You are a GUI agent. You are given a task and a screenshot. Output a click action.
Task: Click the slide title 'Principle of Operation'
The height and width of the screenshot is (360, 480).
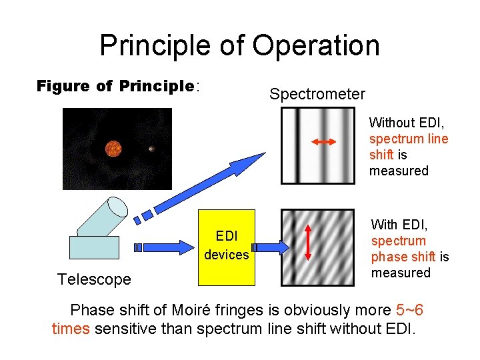pos(239,45)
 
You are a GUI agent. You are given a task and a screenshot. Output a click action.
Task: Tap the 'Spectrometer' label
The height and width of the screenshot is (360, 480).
pos(317,95)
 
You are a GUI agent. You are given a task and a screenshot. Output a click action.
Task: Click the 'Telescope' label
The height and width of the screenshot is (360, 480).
pos(94,279)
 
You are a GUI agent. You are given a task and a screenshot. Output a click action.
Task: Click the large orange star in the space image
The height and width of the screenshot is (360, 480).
pos(113,148)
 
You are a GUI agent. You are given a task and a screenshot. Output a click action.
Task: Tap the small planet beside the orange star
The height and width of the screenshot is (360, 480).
pos(152,148)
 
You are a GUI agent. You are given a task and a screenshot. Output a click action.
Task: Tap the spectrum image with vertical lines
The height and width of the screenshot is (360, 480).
pos(317,145)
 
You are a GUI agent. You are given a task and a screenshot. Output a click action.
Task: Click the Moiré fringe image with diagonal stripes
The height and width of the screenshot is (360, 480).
pos(317,247)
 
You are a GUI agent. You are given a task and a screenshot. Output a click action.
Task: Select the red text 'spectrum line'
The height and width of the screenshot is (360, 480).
pos(409,139)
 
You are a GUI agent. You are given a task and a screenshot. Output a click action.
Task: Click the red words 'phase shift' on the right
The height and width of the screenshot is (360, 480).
pos(403,257)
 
